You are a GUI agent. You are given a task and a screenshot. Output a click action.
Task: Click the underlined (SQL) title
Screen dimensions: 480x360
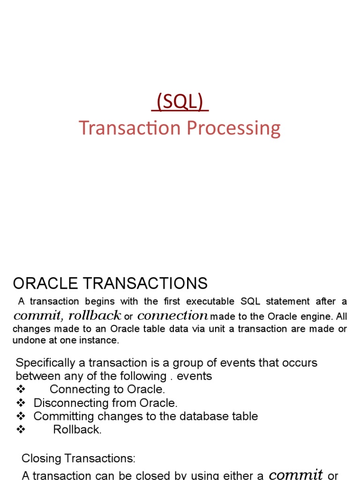[x=180, y=102]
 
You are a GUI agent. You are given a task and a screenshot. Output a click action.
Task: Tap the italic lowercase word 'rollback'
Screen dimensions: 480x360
[x=95, y=315]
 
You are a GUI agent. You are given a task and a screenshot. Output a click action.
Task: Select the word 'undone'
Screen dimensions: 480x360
[x=27, y=340]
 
